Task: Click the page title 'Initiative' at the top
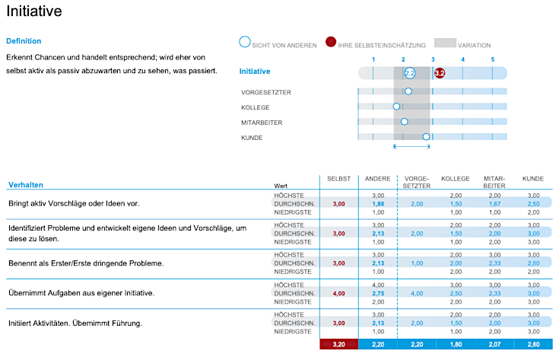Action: click(34, 11)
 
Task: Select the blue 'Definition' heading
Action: click(24, 41)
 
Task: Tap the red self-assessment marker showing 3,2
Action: click(439, 73)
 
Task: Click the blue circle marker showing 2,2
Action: click(410, 73)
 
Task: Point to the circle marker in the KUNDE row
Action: click(426, 137)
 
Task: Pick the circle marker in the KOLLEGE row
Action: click(396, 107)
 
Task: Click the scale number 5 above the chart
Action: click(492, 59)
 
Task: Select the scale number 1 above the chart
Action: click(373, 59)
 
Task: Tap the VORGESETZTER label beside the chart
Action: click(266, 92)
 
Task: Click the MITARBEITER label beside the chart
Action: click(264, 122)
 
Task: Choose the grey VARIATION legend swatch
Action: click(445, 44)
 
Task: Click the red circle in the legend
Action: click(331, 43)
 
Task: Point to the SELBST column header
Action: click(338, 178)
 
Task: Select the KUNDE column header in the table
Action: click(533, 178)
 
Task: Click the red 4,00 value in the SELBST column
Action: click(338, 293)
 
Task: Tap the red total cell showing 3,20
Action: click(338, 345)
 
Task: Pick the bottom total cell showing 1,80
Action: click(456, 345)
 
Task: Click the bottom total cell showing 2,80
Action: click(533, 345)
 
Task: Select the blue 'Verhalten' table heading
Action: click(26, 185)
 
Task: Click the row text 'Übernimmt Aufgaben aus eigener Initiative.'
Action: click(80, 293)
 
